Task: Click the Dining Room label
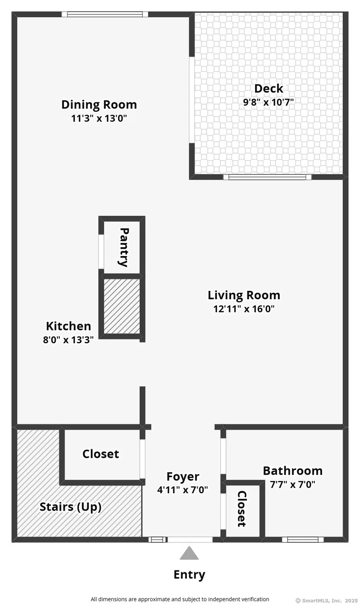[x=99, y=104]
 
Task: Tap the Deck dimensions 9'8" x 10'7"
[x=268, y=102]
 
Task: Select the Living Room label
[x=243, y=295]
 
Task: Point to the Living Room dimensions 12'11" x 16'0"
[x=243, y=309]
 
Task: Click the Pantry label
[x=124, y=247]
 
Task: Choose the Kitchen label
[x=68, y=326]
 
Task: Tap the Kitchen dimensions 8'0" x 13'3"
[x=68, y=340]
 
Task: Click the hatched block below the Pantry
[x=122, y=306]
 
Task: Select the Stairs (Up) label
[x=70, y=507]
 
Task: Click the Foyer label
[x=183, y=476]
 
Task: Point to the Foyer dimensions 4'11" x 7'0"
[x=183, y=490]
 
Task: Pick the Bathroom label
[x=292, y=471]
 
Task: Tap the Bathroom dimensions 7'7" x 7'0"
[x=292, y=484]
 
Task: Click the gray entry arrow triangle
[x=189, y=554]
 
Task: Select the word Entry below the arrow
[x=189, y=574]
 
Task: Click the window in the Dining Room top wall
[x=105, y=14]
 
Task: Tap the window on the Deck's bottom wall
[x=267, y=177]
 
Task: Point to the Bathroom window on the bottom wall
[x=303, y=540]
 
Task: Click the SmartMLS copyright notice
[x=326, y=601]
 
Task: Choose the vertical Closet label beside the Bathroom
[x=241, y=509]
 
